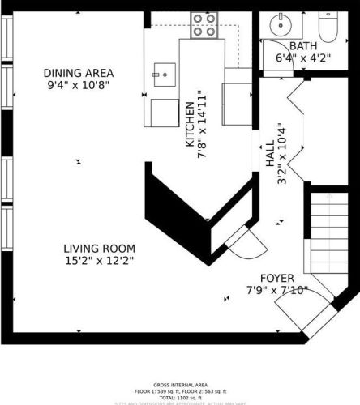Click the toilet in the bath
pyautogui.click(x=328, y=26)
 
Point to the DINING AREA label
pyautogui.click(x=78, y=73)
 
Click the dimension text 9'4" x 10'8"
pyautogui.click(x=78, y=85)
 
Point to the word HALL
pyautogui.click(x=269, y=156)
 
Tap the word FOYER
pyautogui.click(x=277, y=278)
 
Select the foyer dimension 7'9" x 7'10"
pyautogui.click(x=277, y=290)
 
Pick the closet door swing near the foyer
pyautogui.click(x=243, y=243)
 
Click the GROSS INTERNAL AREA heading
pyautogui.click(x=180, y=385)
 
